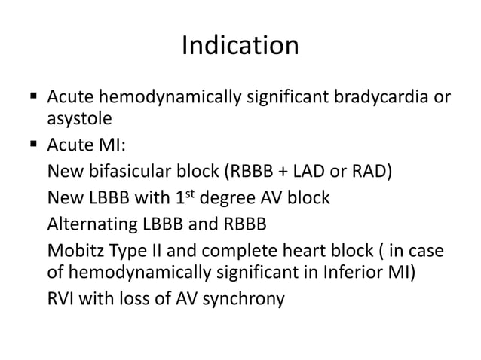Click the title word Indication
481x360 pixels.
click(240, 47)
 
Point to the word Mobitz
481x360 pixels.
click(74, 251)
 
